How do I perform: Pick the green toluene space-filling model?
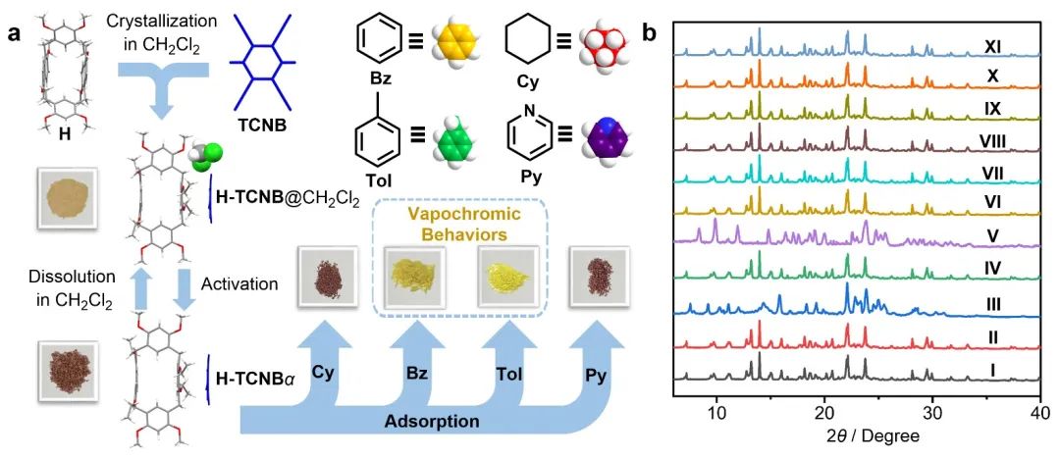click(454, 142)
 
